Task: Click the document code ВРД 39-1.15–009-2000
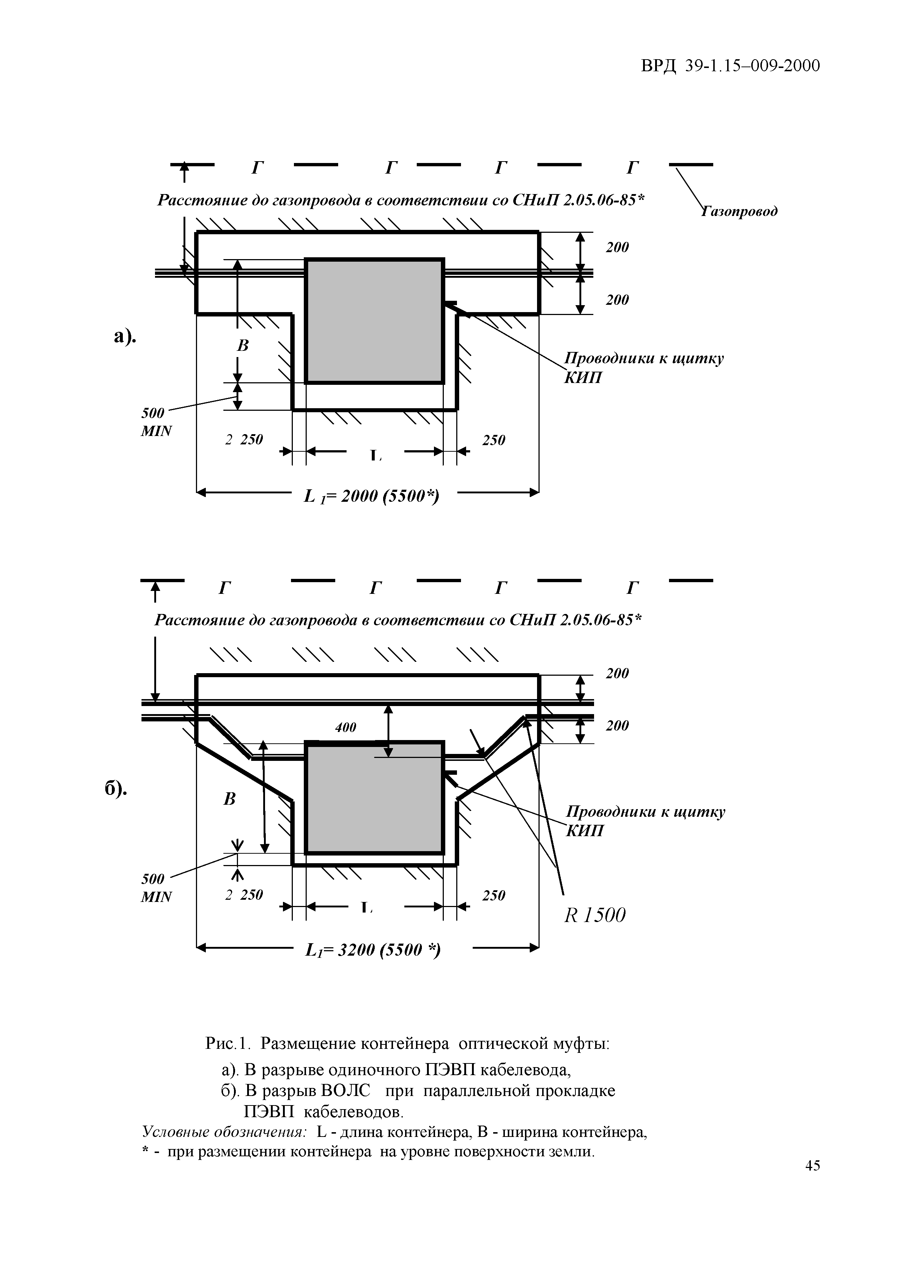pyautogui.click(x=730, y=66)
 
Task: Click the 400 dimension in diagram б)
pyautogui.click(x=346, y=728)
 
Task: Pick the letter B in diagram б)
pyautogui.click(x=230, y=800)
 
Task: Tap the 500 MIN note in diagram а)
pyautogui.click(x=154, y=422)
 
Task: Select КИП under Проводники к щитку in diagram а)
pyautogui.click(x=583, y=378)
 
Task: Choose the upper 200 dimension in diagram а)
pyautogui.click(x=617, y=247)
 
